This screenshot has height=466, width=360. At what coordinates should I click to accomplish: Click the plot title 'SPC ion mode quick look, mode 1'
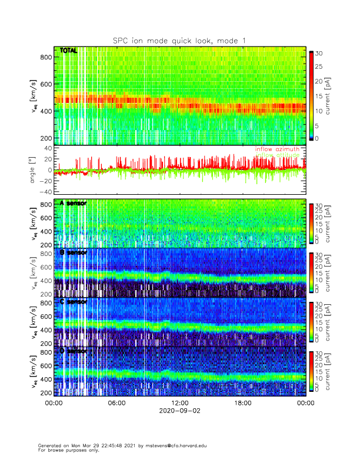tap(179, 40)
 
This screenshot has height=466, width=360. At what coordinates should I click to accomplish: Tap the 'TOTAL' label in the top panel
tap(68, 51)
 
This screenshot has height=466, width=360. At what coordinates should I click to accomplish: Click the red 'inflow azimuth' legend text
tap(277, 149)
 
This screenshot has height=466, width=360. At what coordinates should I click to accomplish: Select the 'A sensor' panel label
tap(73, 203)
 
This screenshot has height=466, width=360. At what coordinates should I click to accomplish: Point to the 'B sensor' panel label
tap(73, 252)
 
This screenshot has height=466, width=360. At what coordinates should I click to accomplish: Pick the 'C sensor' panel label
tap(73, 301)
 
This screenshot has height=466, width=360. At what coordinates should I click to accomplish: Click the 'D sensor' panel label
tap(73, 351)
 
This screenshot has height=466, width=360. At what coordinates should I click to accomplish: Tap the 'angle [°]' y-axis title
tap(33, 170)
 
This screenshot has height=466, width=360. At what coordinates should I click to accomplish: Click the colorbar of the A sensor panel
tap(312, 223)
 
